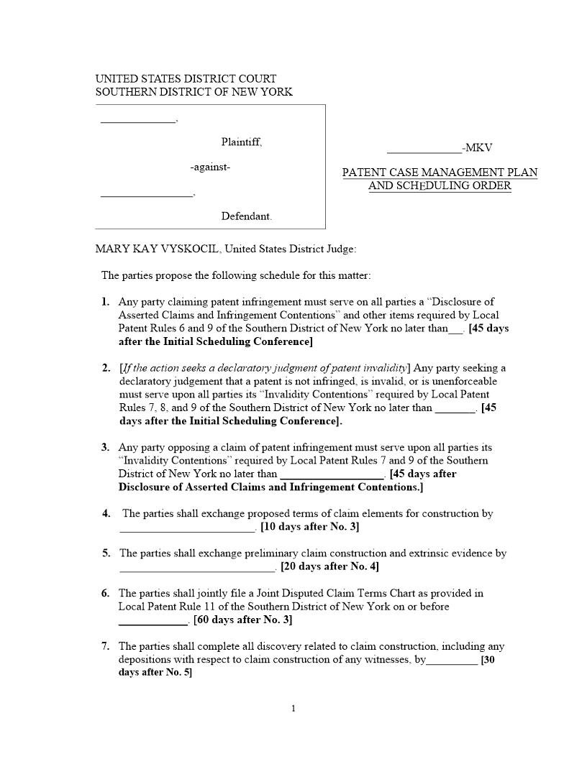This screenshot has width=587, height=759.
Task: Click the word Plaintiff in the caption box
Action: tap(241, 142)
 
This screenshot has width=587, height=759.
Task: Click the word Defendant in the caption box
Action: tap(246, 216)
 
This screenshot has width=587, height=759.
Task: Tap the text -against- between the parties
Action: tap(210, 167)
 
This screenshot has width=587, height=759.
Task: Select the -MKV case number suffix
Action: tap(478, 148)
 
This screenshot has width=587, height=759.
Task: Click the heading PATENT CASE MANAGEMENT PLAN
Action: tap(440, 173)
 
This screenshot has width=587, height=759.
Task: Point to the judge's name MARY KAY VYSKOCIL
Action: tap(158, 249)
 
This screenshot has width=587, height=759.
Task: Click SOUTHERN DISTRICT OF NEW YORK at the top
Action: tap(194, 92)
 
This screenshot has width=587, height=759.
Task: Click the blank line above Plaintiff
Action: tap(137, 121)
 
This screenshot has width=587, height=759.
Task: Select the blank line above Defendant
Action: tap(146, 194)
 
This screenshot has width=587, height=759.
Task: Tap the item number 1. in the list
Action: tap(106, 302)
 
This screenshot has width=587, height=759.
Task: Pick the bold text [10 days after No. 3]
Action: tap(309, 527)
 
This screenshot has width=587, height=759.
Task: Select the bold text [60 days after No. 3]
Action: tap(242, 620)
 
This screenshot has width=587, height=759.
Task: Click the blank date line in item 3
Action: tap(332, 475)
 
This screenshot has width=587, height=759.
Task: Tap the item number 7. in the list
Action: tap(106, 646)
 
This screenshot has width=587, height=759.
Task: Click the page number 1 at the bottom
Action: tap(293, 709)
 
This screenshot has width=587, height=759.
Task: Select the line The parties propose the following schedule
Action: tap(236, 275)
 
